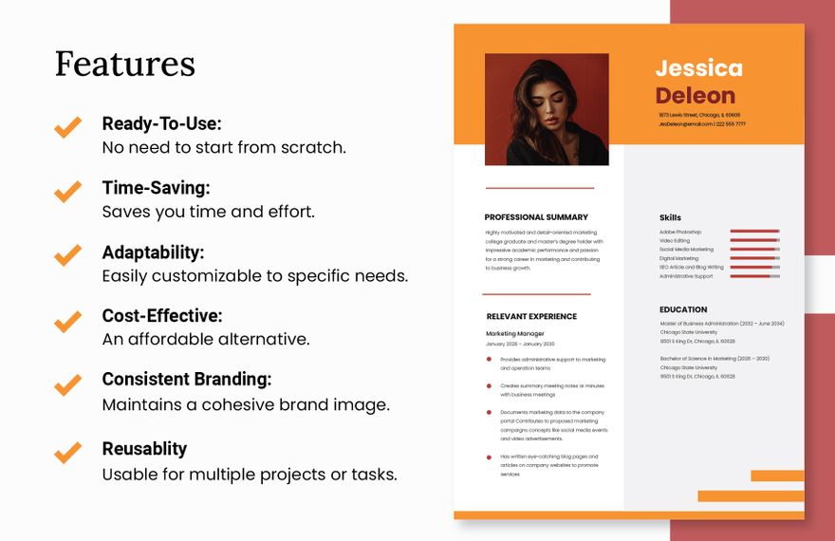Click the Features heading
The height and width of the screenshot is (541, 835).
pos(125,65)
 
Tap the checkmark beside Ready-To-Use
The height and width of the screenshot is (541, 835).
pos(67,127)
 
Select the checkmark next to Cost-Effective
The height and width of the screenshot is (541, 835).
pos(67,321)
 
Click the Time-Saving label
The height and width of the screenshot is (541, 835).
pos(156,188)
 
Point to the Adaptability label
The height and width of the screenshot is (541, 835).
pos(153,252)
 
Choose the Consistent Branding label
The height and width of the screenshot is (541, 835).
pos(187,379)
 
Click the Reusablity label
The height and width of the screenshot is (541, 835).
pos(144,448)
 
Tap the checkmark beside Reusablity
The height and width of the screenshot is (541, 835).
pos(67,452)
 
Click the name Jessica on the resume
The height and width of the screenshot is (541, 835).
pos(698,68)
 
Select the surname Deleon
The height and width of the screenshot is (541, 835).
pos(695,96)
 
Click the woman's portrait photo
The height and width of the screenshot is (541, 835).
pos(547,109)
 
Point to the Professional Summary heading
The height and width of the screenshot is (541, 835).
pos(536,217)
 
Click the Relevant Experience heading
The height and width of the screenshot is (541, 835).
pos(531,317)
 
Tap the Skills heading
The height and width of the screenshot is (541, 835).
pos(670,217)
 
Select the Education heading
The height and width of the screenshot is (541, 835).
pos(683,309)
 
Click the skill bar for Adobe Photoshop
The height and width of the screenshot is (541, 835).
pos(754,232)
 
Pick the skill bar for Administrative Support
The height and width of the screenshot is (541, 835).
pos(754,276)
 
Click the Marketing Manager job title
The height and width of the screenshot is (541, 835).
pos(515,334)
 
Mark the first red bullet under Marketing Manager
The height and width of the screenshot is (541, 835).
pos(489,360)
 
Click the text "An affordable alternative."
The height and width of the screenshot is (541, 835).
pos(206,339)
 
